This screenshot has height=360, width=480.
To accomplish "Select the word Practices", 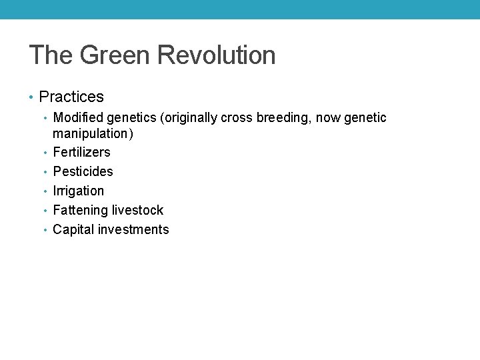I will pyautogui.click(x=71, y=97).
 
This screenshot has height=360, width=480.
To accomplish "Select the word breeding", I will pyautogui.click(x=283, y=118).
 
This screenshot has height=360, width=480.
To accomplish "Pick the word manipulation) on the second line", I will pyautogui.click(x=93, y=133).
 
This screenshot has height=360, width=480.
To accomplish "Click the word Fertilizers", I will pyautogui.click(x=81, y=152).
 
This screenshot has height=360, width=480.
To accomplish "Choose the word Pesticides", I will pyautogui.click(x=83, y=171).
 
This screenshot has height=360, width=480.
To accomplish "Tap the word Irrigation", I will pyautogui.click(x=78, y=191).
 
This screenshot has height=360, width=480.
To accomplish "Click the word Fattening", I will pyautogui.click(x=80, y=210).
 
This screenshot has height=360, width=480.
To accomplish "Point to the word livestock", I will pyautogui.click(x=137, y=210).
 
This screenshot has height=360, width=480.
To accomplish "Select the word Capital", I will pyautogui.click(x=73, y=229).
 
